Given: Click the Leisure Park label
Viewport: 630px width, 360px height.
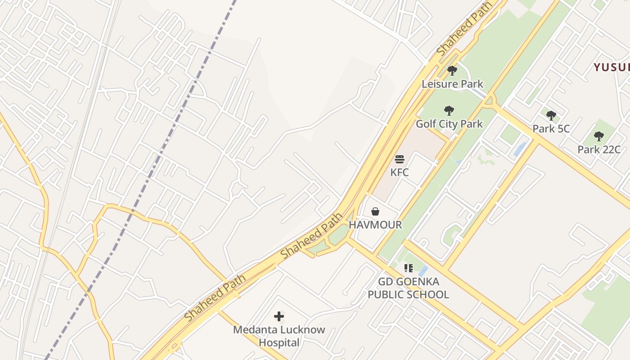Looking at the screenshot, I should click(452, 84).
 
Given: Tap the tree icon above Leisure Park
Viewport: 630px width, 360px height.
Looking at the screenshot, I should click(452, 71).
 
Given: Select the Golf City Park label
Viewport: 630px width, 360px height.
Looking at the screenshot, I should click(449, 124).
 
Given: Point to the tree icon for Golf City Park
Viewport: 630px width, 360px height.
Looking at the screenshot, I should click(449, 111).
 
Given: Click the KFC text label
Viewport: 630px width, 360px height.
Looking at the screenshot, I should click(399, 172).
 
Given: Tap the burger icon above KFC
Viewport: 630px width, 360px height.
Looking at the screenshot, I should click(399, 159).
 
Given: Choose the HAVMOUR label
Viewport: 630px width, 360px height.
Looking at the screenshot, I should click(375, 225).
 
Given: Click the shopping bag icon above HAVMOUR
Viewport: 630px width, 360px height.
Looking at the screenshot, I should click(375, 211).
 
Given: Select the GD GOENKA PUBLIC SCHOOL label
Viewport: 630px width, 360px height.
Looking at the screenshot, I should click(408, 288).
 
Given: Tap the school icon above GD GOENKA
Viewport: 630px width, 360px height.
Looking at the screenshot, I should click(408, 268).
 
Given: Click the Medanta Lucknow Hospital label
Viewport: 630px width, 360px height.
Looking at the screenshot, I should click(279, 336).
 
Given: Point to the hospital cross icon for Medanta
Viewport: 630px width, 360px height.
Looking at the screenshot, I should click(279, 316).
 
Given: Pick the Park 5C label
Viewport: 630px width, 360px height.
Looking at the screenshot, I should click(551, 129).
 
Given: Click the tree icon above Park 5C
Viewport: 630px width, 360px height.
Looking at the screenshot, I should click(551, 116).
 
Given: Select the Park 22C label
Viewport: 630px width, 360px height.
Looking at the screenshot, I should click(598, 149).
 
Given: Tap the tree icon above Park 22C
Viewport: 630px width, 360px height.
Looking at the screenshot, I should click(598, 136).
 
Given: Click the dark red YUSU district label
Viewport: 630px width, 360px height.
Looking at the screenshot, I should click(612, 67).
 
